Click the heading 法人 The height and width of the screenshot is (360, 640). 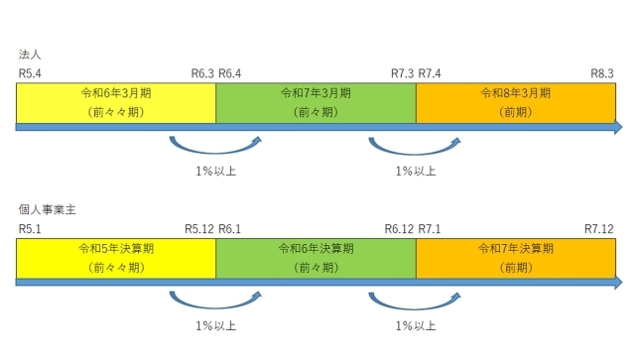pos(28,55)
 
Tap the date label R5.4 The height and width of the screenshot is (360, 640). pos(29,72)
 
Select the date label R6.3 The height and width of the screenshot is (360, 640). pos(202,72)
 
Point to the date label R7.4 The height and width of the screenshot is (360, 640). pos(432,72)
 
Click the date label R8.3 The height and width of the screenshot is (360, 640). pos(602,72)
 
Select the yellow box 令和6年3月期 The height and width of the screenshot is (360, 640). pos(116,101)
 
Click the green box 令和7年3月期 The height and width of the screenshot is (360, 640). pos(316,101)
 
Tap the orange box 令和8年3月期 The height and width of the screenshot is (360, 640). pos(515,101)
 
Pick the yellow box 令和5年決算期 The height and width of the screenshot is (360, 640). pos(116,257)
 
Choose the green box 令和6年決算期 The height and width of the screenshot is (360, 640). pos(316,257)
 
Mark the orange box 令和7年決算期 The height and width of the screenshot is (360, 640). pos(515,257)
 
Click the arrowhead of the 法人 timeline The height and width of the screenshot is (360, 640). pos(616,127)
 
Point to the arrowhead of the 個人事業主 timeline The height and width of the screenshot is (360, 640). pos(616,283)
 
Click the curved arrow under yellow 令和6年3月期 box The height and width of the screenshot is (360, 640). pos(215,147)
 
